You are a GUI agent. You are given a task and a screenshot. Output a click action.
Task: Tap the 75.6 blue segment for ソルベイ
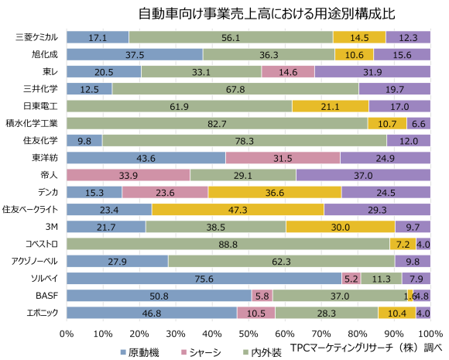coord(204,278)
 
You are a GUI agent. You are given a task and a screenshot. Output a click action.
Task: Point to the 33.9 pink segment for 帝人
coord(129,175)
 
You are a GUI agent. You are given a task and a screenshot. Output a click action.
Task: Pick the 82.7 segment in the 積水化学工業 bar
coord(217,123)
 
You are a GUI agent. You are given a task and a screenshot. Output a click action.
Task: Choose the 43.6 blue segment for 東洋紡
coord(146,158)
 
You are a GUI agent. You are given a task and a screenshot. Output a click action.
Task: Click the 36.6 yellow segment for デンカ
coord(275,192)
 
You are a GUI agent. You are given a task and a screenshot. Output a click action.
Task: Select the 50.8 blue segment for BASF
coord(159,295)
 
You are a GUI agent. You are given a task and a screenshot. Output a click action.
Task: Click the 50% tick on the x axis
coord(248,333)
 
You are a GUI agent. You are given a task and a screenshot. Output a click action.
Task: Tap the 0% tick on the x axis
coord(67,333)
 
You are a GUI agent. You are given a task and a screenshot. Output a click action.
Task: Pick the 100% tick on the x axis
coord(428,333)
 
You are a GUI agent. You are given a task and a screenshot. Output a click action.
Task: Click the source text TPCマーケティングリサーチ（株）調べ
coord(367,348)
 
